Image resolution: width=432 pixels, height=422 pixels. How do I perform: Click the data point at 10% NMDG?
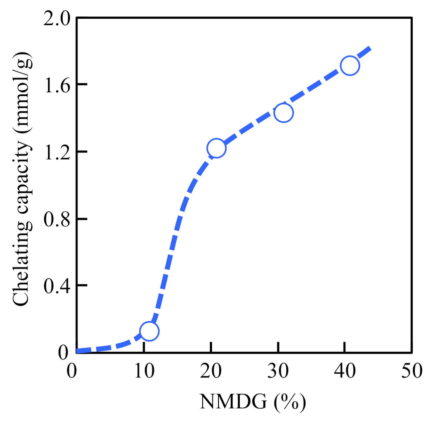point(149,331)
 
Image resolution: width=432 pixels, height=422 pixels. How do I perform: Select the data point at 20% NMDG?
point(216,148)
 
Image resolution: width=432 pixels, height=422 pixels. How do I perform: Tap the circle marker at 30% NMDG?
point(283,113)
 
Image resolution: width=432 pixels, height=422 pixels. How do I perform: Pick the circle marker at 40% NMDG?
point(350,65)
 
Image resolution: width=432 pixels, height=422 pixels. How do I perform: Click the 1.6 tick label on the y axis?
point(57,86)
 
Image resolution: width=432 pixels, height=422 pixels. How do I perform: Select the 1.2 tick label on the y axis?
point(57,153)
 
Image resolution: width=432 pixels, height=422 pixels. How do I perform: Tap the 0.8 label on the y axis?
point(57,220)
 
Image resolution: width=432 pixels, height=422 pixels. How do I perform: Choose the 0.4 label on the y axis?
point(57,287)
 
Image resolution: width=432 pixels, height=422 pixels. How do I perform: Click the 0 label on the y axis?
point(63,352)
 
